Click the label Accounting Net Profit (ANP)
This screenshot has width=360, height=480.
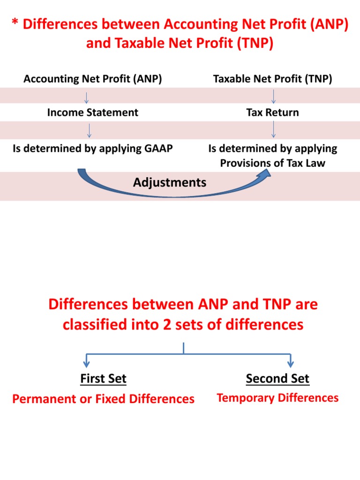point(93,79)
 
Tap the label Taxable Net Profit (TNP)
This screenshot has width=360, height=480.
point(272,79)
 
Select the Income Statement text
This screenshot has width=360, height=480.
point(93,112)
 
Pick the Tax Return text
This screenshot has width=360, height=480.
point(272,112)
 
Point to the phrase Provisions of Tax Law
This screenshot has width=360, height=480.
point(272,164)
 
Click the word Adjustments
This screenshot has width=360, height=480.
point(170,182)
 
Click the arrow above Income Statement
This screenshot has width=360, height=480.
point(87,97)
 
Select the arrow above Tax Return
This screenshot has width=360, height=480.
point(273,97)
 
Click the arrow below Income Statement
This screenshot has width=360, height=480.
point(90,130)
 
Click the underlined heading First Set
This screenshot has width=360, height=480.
point(103,378)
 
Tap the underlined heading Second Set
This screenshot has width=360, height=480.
point(277,378)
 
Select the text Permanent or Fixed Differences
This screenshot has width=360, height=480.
point(103,399)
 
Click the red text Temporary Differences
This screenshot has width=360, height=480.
point(277,398)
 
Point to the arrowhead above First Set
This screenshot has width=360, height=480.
point(86,362)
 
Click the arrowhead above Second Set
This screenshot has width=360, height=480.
point(291,362)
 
